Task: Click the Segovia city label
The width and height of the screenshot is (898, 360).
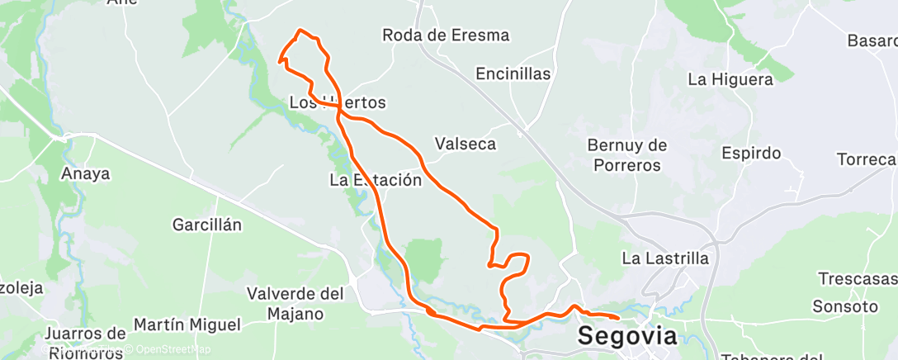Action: pos(627,336)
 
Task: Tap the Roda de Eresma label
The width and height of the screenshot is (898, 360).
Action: pos(446,36)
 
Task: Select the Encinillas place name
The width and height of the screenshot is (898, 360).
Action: pos(513,73)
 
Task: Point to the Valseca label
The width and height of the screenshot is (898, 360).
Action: pos(466,144)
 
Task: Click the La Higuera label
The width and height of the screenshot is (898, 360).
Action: pos(730,80)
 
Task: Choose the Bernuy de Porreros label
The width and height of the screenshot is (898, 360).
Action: pos(626,155)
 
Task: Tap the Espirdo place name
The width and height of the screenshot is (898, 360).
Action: pos(750,153)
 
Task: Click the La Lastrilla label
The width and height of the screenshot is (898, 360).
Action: pos(664,258)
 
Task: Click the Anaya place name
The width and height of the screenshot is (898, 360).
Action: pos(85,174)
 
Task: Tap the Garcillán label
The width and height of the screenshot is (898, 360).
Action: pos(206,225)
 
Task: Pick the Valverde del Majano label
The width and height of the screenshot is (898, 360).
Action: pos(295,303)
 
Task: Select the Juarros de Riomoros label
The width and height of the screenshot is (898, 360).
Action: pos(85,343)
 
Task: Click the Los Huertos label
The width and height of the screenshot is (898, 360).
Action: pos(338,102)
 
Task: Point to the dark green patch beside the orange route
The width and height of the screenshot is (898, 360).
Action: pos(426,258)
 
